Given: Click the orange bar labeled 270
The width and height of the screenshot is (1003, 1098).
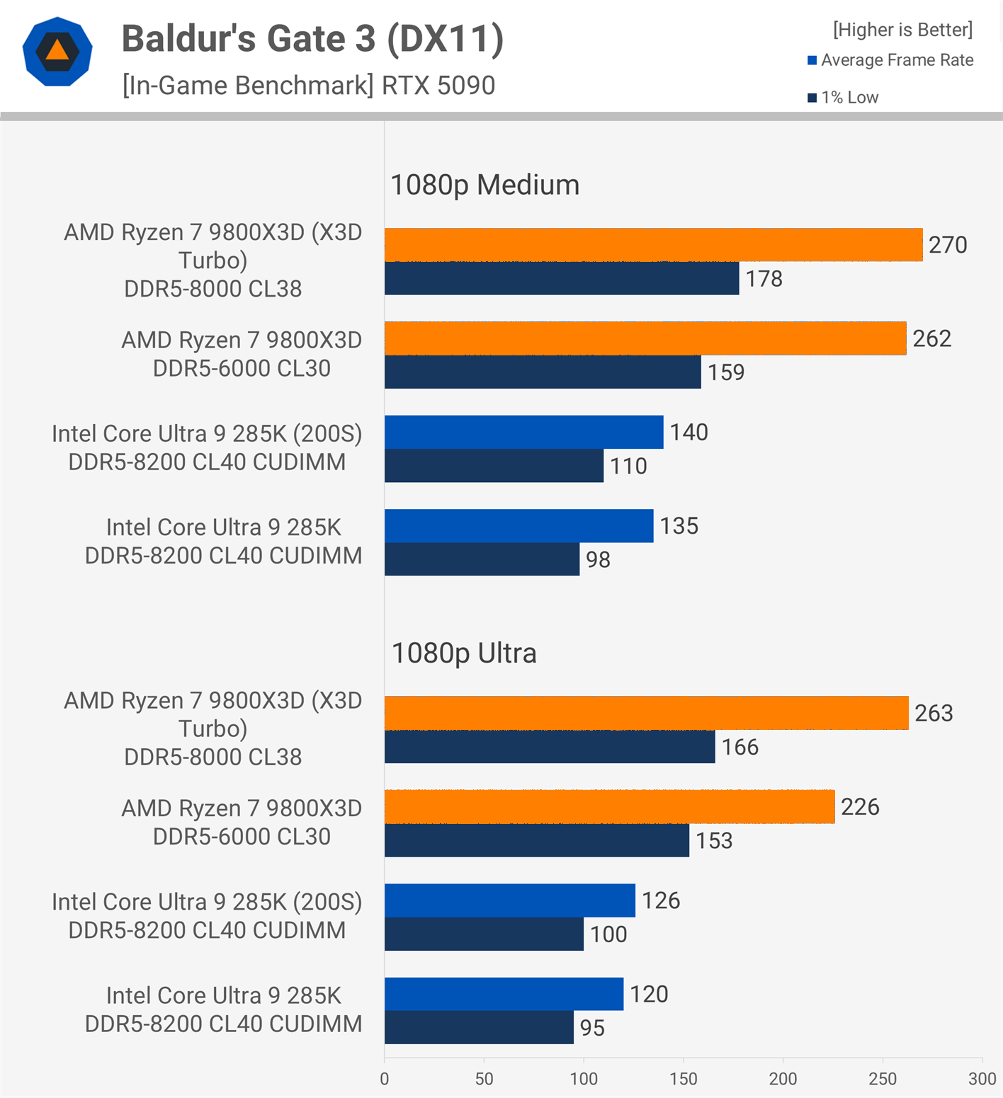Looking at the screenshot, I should (653, 245).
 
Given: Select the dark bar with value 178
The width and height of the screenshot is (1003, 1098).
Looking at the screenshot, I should (562, 278).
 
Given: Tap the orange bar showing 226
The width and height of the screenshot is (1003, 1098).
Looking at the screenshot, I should (609, 807).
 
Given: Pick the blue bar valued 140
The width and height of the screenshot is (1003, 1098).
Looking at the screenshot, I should (523, 432).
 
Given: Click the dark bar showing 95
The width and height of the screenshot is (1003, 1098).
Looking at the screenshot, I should (479, 1027).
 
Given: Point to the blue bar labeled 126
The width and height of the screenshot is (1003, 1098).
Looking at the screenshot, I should (509, 900).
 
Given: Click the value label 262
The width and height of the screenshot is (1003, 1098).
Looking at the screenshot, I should (931, 338).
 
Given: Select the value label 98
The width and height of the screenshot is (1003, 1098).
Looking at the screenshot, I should (598, 560).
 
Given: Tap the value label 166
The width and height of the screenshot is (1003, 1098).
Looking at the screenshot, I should (739, 747).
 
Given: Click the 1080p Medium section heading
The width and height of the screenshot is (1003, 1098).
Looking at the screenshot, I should (484, 185).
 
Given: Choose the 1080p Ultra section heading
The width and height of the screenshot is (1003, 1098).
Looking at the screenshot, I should (464, 653).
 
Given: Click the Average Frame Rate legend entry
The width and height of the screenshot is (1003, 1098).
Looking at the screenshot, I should (890, 60).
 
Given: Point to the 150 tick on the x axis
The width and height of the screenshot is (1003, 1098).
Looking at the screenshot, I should (683, 1079).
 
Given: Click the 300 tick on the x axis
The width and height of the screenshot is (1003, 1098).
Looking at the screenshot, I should (982, 1079).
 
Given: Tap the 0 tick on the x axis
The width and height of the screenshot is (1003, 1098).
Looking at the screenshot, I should (385, 1079).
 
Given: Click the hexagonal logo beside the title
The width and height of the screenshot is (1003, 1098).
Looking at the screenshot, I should (57, 52).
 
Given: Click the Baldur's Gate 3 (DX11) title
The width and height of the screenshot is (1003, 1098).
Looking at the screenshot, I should (312, 38).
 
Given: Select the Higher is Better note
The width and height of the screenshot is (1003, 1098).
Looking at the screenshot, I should (902, 30).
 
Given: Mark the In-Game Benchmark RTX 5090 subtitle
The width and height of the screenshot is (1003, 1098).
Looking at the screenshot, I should (308, 86).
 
